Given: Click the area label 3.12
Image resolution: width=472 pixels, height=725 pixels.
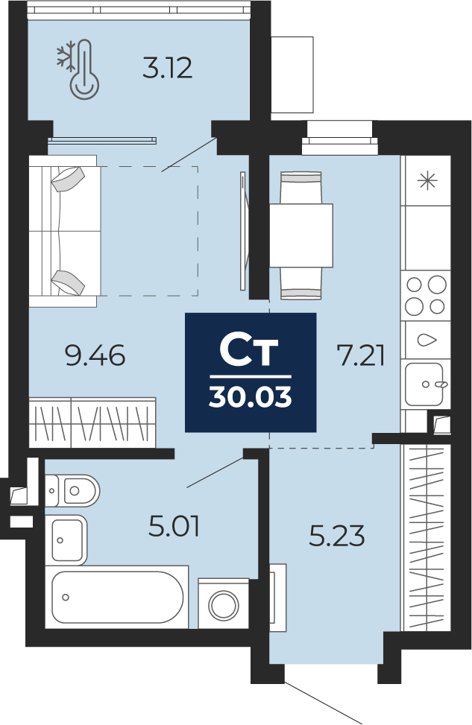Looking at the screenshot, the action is click(167, 68).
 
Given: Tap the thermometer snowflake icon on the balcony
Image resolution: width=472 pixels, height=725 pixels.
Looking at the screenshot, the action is click(79, 69).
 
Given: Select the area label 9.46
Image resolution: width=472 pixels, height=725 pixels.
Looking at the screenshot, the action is click(95, 356).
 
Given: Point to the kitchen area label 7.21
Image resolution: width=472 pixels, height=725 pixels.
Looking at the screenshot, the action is click(362, 356).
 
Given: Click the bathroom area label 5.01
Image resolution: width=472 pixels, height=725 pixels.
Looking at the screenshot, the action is click(174, 527).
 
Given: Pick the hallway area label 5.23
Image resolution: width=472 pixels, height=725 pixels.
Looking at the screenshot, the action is click(337, 536).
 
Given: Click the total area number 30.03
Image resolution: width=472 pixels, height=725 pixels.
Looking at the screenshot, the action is click(251, 396).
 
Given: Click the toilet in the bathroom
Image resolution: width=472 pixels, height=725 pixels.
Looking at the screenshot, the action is click(72, 490).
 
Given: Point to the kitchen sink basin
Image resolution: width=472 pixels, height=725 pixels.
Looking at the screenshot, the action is click(424, 384).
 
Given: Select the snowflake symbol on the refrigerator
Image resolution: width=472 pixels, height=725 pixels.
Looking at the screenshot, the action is click(427, 180).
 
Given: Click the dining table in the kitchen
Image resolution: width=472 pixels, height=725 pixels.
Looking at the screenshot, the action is click(301, 235).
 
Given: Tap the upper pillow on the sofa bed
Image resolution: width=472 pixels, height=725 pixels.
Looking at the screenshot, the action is click(68, 179).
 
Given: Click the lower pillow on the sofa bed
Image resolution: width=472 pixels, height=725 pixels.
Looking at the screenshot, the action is click(68, 282).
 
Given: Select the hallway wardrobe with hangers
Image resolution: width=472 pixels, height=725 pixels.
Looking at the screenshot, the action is click(425, 537).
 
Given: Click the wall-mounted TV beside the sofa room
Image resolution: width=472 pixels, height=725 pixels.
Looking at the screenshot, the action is click(244, 231).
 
